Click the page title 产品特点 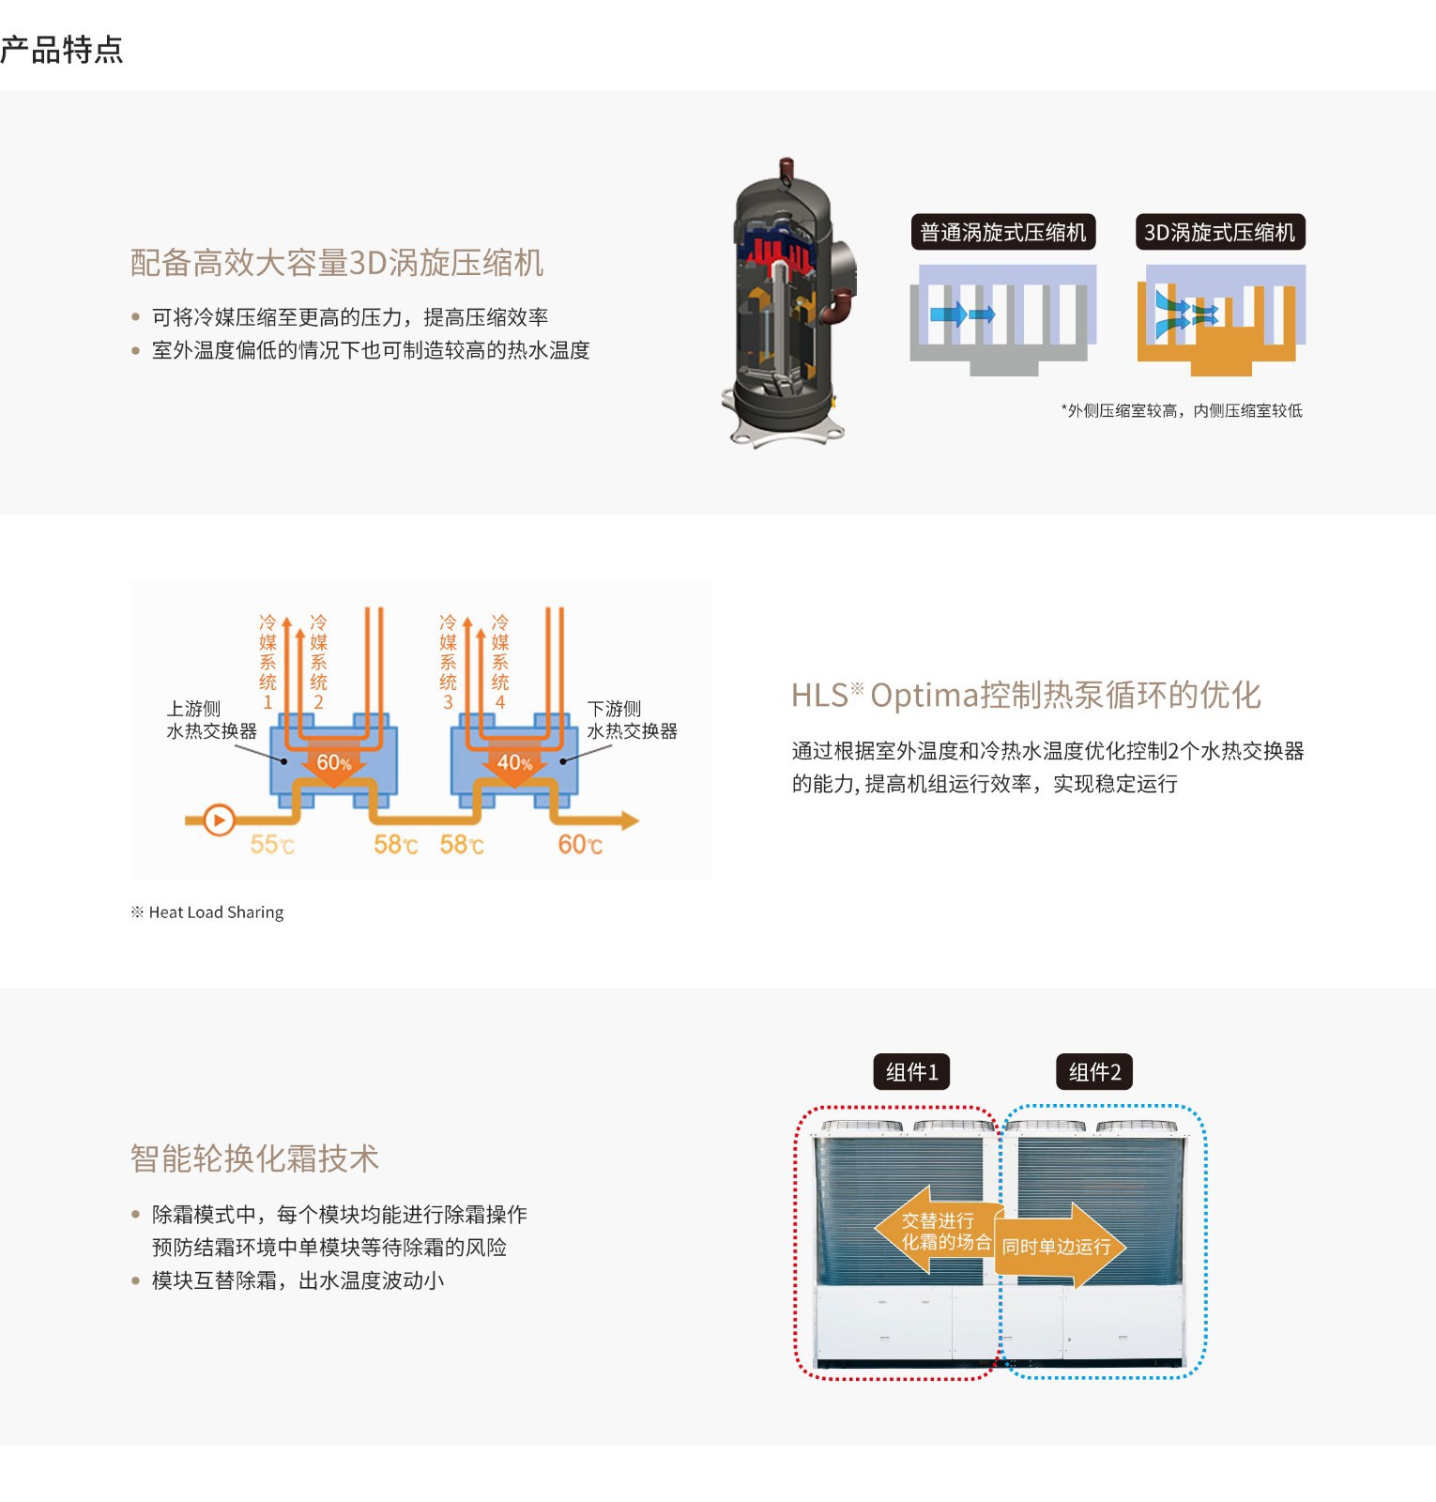pos(61,50)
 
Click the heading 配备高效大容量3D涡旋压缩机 pos(337,263)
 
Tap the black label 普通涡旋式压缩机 pos(1002,232)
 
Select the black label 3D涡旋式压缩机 pos(1219,232)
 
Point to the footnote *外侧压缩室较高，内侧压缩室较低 pos(1182,410)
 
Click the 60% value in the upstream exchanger pos(334,762)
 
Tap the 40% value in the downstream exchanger pos(514,762)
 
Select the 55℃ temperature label pos(272,845)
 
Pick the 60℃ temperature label pos(580,845)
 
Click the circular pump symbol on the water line pos(219,820)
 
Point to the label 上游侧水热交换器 pos(211,720)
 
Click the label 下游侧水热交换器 pos(632,720)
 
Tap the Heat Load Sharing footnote pos(206,912)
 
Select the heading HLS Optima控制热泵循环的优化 pos(1026,696)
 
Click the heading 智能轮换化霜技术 pos(254,1158)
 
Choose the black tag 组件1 pos(911,1072)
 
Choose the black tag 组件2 pos(1094,1072)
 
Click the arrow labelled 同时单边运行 pos(1059,1247)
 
